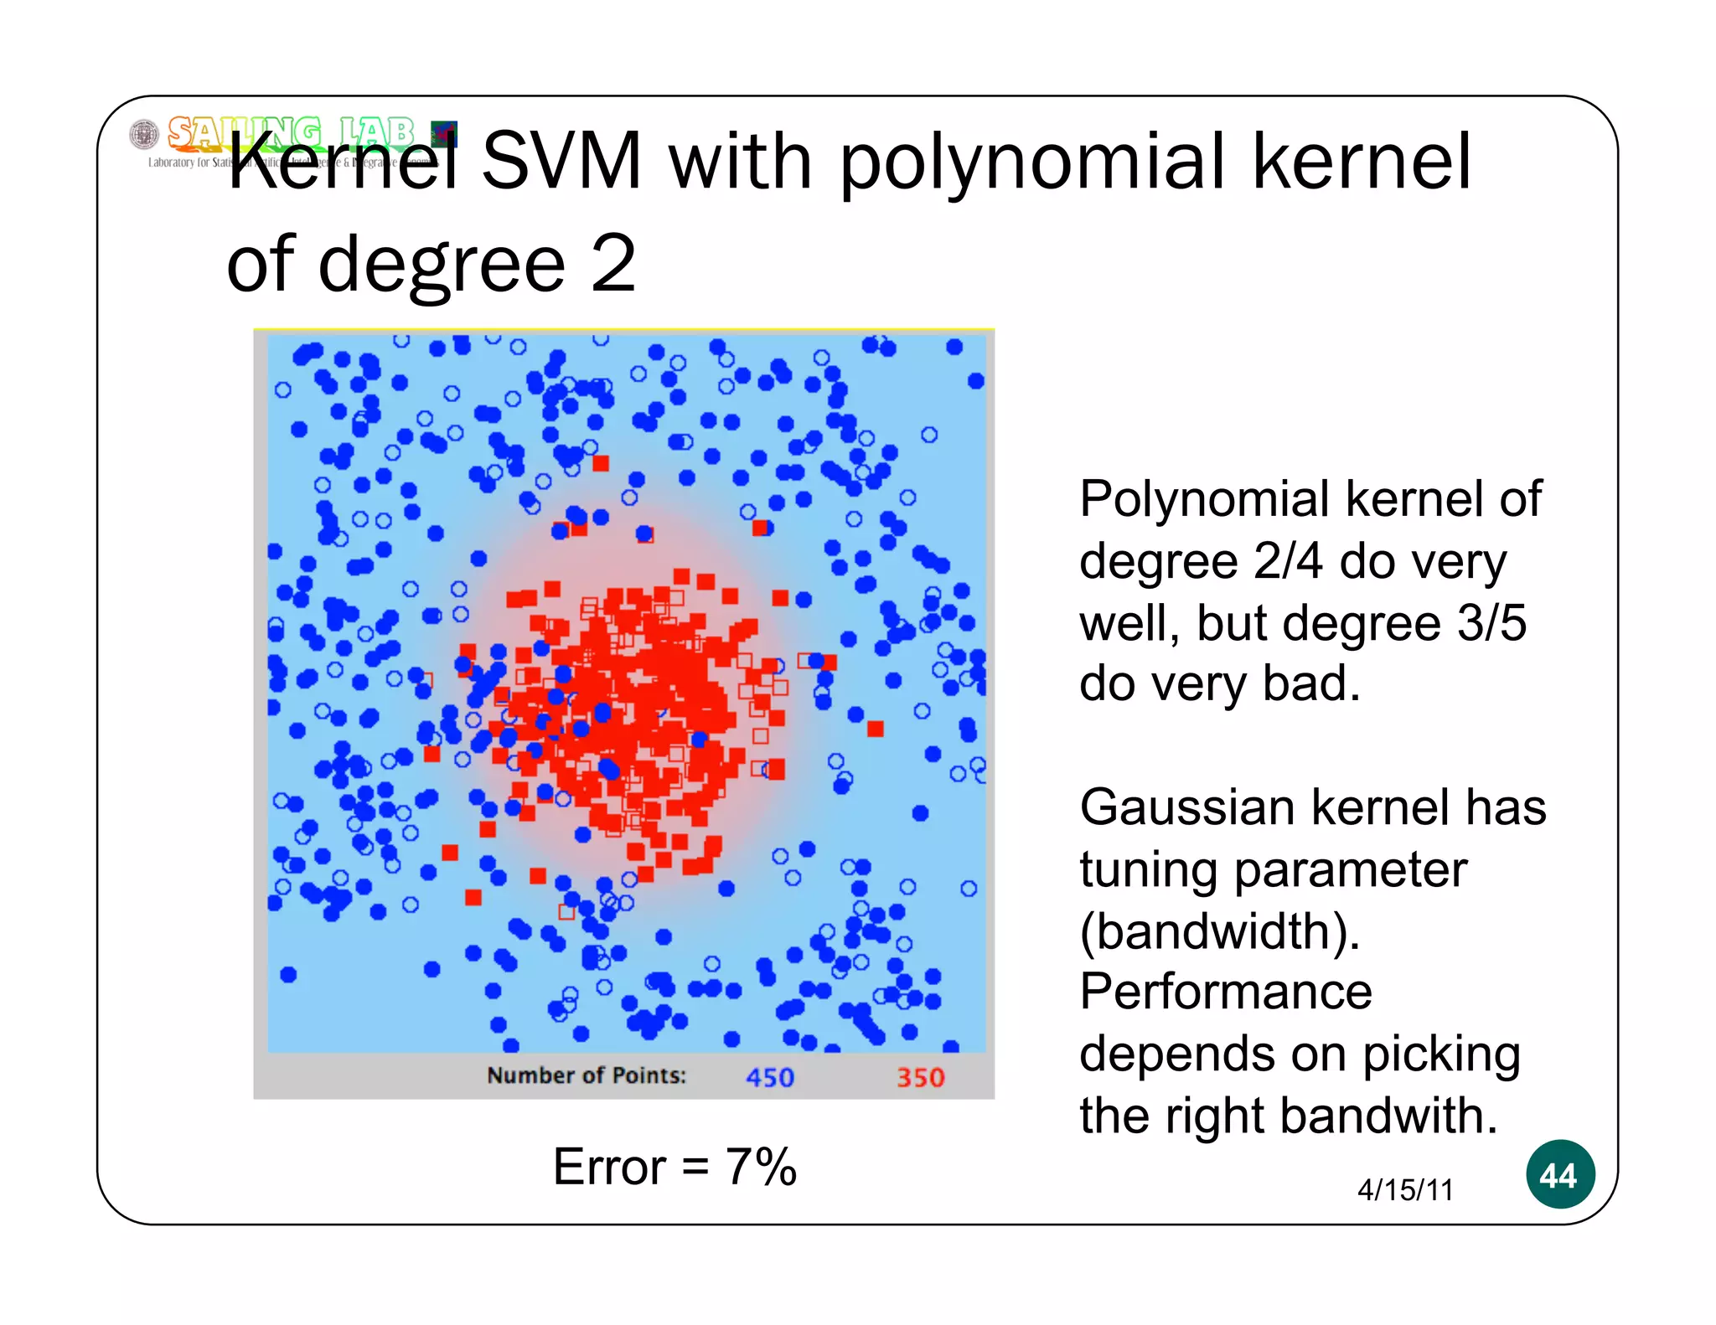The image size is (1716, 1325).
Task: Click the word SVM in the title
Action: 561,161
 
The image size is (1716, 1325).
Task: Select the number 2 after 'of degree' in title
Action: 613,264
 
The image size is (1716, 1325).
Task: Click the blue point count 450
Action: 769,1077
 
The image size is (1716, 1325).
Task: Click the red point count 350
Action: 920,1077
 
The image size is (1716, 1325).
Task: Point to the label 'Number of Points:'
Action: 587,1075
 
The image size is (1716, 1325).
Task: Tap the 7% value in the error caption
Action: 761,1167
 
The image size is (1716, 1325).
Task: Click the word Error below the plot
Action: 609,1167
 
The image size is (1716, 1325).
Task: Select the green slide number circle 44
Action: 1559,1174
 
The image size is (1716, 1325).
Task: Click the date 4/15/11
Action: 1405,1189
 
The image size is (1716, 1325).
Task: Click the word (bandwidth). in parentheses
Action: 1219,931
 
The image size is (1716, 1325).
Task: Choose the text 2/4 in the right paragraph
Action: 1285,561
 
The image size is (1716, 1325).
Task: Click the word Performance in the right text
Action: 1225,992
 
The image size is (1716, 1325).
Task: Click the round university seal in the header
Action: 144,134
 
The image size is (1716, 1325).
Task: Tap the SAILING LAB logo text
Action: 290,132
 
